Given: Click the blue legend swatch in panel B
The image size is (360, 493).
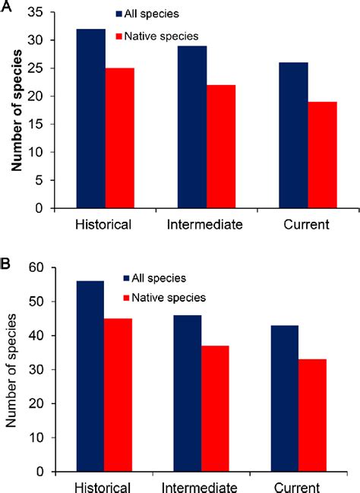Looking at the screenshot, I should (x=126, y=277).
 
